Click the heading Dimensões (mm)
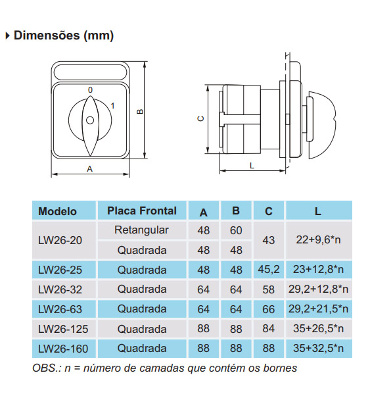click(63, 36)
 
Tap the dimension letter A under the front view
click(90, 168)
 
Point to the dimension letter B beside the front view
click(139, 112)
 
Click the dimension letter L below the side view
click(252, 166)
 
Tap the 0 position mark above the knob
click(90, 89)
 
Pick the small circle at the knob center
click(90, 120)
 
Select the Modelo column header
click(57, 211)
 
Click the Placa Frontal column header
click(142, 211)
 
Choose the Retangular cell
click(141, 230)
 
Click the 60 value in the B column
click(237, 230)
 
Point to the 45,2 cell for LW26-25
click(268, 270)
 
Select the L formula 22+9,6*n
click(318, 240)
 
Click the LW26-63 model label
click(60, 309)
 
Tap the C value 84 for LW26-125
click(268, 328)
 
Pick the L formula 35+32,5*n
click(318, 348)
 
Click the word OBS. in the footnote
click(45, 368)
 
